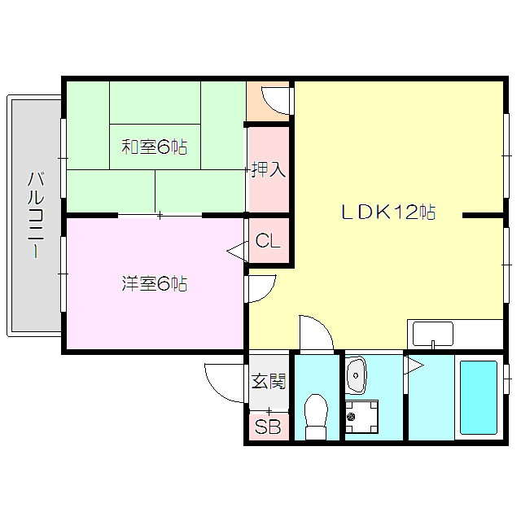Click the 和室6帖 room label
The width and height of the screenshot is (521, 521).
tap(155, 147)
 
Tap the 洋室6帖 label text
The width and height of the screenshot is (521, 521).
tap(155, 284)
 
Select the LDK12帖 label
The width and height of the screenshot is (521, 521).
tap(389, 212)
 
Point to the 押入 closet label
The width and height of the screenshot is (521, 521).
tap(268, 169)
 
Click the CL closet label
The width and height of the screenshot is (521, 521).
tap(268, 240)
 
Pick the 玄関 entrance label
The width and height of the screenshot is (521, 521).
tap(269, 381)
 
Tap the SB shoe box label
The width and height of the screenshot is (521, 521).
tap(268, 427)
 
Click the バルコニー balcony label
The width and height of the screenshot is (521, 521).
tap(36, 215)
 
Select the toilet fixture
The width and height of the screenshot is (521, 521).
tap(317, 416)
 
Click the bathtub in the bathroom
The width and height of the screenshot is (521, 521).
tap(479, 398)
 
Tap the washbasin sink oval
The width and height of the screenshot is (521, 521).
tap(356, 375)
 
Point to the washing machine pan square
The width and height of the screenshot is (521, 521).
tap(361, 417)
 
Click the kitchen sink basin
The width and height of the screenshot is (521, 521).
tap(433, 334)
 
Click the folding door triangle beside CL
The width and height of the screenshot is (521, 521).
tap(237, 252)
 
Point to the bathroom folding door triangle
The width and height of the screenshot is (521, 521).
tap(414, 366)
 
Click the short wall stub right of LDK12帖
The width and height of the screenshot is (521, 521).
tap(483, 216)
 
